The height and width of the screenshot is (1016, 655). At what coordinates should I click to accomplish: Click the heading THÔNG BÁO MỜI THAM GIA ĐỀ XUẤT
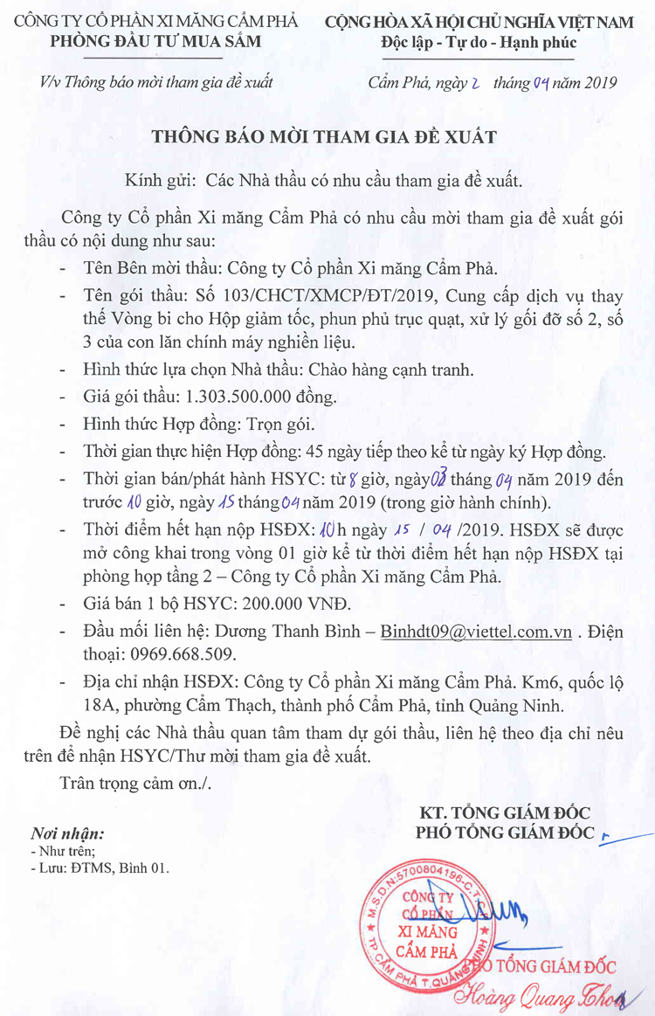coord(324,136)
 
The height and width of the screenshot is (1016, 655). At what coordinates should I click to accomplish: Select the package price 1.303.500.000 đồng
coord(261,397)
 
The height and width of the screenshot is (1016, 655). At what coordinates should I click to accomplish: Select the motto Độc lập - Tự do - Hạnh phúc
coord(479,42)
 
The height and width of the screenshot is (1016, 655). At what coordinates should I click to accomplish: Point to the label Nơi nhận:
coord(67,833)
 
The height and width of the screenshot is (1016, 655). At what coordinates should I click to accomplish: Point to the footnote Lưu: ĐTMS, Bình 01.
coord(102,868)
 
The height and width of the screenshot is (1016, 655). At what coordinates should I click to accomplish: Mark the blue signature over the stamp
coord(489,914)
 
